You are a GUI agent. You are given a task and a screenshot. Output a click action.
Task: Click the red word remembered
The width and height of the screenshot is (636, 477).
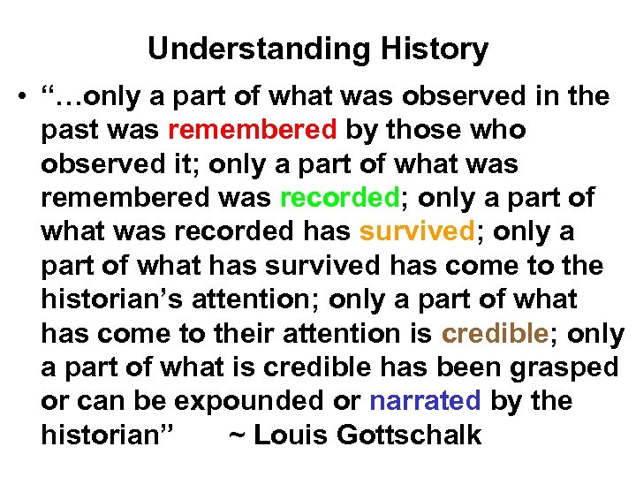click(252, 130)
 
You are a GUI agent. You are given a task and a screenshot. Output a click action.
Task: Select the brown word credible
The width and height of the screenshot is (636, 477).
click(496, 333)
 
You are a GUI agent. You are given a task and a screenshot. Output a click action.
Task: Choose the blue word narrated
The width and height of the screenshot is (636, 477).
click(425, 401)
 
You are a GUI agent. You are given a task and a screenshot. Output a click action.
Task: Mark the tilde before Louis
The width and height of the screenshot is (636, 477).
click(237, 435)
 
